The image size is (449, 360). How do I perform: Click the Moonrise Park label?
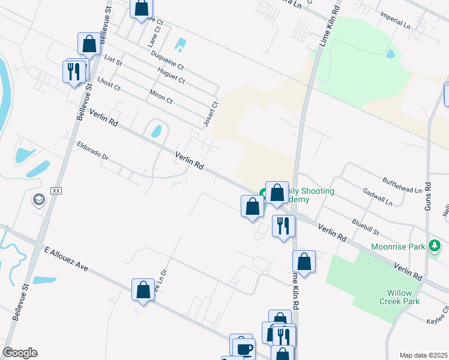pos(397,247)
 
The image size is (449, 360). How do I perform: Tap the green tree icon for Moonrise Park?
pos(434,246)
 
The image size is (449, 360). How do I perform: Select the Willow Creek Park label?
pos(403,297)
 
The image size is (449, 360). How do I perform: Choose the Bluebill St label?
pos(366,226)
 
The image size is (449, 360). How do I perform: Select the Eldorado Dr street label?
pos(92,151)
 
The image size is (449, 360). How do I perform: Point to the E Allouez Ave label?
pos(66,259)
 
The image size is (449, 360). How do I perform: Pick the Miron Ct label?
pos(161,97)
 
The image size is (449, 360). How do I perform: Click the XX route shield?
pos(56,190)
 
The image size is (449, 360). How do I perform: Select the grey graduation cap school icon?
pos(39,200)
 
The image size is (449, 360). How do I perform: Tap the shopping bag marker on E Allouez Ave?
pos(143,290)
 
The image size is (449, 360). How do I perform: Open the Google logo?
pos(20,353)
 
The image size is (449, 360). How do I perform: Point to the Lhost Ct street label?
pos(109,84)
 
